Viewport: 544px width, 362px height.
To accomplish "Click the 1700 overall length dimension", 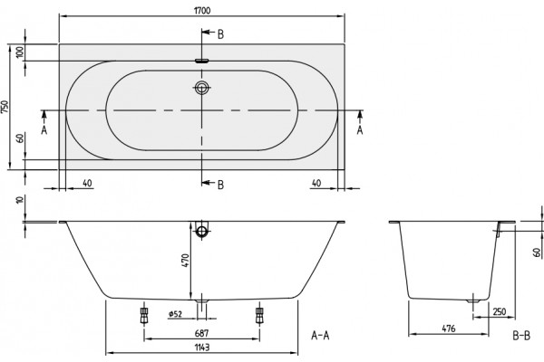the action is pos(202,11).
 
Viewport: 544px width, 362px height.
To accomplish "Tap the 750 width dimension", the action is pos(5,107).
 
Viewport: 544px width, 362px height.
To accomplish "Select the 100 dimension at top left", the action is pos(20,52).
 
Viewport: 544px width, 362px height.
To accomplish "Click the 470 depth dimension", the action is pos(185,261).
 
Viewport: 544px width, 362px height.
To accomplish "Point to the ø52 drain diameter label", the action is pos(175,314).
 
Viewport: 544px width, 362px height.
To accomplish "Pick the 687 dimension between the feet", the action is pos(201,333).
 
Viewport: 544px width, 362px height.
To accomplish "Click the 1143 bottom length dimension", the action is pos(202,348).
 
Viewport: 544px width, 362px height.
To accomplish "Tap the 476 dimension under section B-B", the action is pos(449,329).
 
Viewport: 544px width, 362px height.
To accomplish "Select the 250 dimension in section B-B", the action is pos(500,311).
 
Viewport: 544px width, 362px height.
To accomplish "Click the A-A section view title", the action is pos(320,336).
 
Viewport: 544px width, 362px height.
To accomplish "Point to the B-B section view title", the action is pos(521,336).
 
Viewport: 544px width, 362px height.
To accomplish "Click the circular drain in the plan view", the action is pos(201,88).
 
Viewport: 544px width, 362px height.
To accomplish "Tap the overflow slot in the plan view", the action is pos(202,61).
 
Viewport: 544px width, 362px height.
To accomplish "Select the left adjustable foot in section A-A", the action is pos(144,315).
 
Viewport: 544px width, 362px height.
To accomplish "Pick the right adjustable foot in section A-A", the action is pos(259,315).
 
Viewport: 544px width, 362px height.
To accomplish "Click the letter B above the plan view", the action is pos(220,34).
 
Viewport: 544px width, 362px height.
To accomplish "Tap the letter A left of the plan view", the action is pos(44,130).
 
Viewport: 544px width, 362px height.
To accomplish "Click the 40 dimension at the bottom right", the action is pos(316,183).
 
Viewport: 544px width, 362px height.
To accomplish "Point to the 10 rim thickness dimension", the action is pos(20,200).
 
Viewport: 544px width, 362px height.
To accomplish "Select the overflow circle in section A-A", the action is pos(201,231).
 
